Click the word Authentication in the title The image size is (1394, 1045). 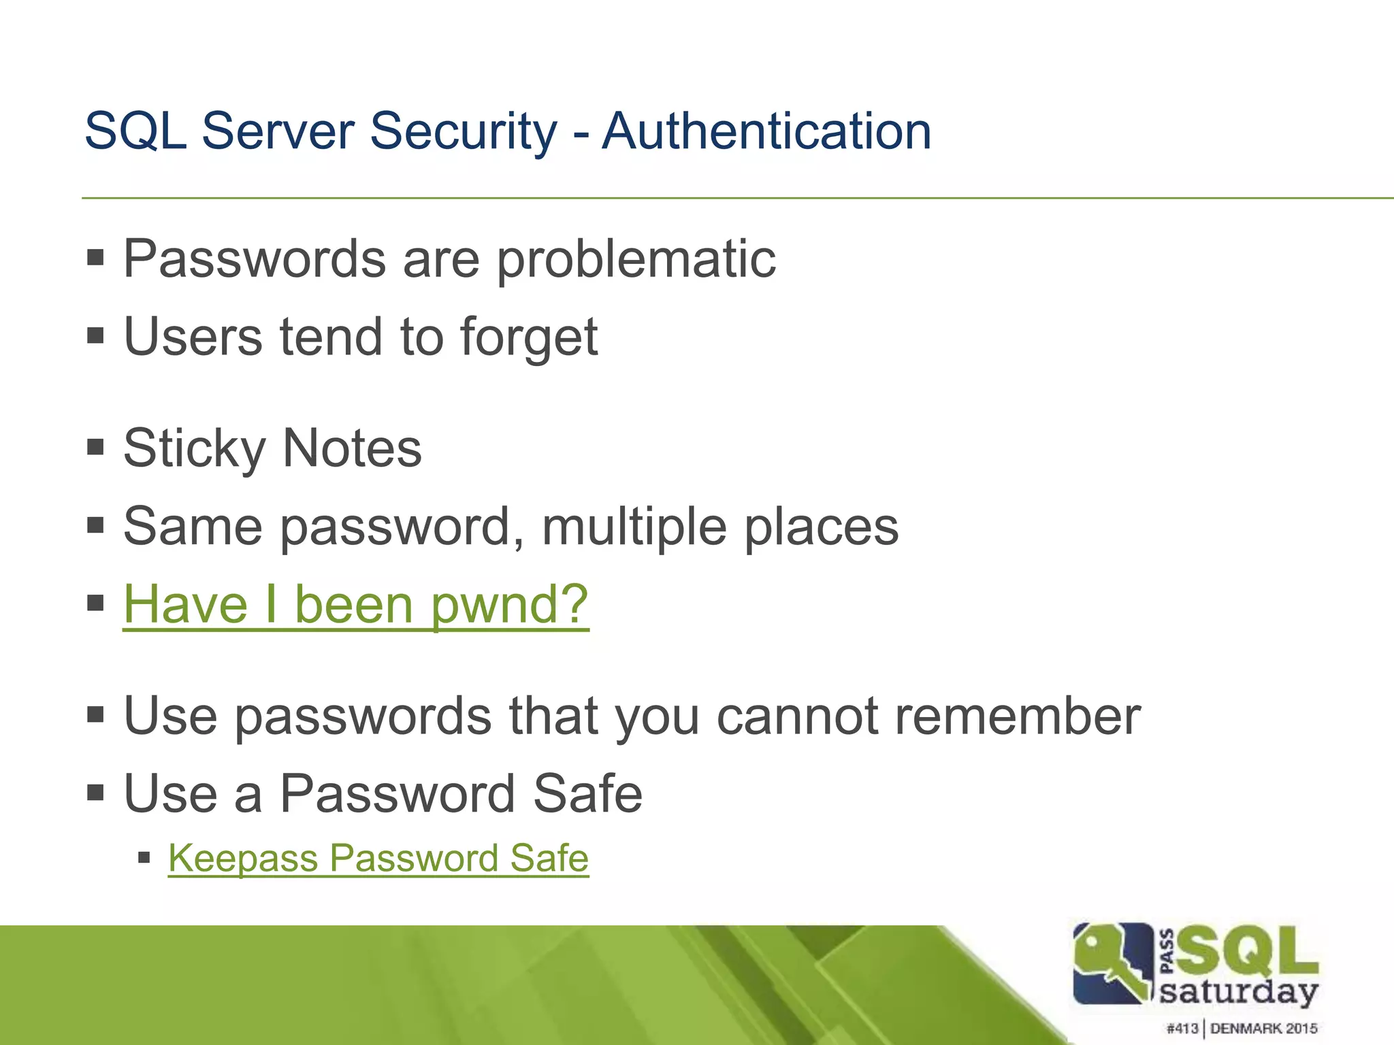coord(766,131)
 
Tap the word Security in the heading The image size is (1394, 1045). coord(463,131)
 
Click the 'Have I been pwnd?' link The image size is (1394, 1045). coord(355,604)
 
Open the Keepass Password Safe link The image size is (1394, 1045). coord(378,858)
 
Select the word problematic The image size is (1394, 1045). coord(636,259)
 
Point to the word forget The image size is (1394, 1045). coord(529,337)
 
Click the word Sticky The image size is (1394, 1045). coord(194,449)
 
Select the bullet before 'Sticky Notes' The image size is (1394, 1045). coord(95,447)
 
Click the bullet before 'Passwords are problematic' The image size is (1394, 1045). coord(95,258)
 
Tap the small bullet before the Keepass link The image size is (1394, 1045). coord(144,857)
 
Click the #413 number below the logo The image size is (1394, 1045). coord(1182,1028)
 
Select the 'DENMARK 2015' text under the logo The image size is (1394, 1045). coord(1263,1028)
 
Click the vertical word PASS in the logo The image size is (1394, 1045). coord(1166,951)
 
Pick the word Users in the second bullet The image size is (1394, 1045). coord(193,337)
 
